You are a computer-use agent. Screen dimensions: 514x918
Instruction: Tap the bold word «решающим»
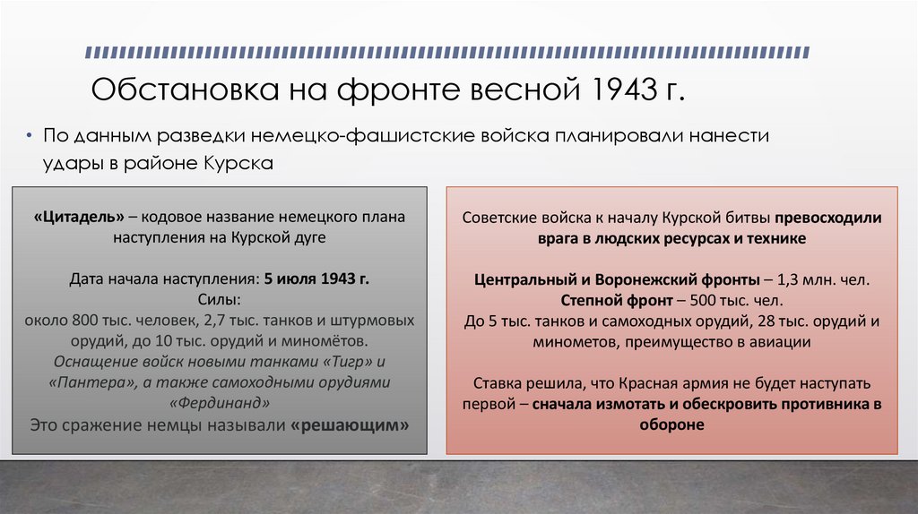tap(351, 425)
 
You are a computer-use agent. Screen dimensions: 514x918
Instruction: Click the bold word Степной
tap(591, 300)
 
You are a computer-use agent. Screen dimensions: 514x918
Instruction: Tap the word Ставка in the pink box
tap(488, 384)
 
